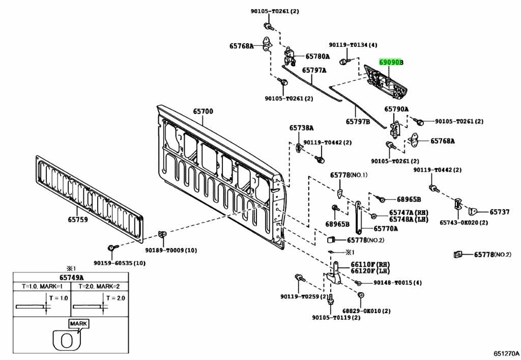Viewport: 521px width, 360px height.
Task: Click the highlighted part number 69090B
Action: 391,62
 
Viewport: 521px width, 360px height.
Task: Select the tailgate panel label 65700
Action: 203,112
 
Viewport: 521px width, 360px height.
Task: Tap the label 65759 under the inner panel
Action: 78,220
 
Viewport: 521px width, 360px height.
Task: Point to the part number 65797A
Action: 313,70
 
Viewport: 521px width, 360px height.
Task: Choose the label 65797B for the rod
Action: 358,122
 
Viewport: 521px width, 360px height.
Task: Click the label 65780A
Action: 317,57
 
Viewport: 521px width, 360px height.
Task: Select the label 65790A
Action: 396,109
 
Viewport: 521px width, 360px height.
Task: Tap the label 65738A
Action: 301,128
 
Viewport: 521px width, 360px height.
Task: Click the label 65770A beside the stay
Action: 386,229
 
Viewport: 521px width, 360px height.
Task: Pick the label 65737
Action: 500,212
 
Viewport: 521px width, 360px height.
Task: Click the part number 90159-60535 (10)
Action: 119,263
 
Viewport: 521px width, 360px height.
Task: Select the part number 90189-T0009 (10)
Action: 171,250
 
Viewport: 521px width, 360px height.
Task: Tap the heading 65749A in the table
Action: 71,277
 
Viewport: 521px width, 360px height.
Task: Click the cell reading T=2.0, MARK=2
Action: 99,286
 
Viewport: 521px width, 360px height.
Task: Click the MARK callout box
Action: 79,323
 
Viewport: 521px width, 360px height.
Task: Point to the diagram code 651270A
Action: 506,353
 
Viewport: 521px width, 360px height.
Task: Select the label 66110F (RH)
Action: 370,265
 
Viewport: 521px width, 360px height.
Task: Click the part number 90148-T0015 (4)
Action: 398,283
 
